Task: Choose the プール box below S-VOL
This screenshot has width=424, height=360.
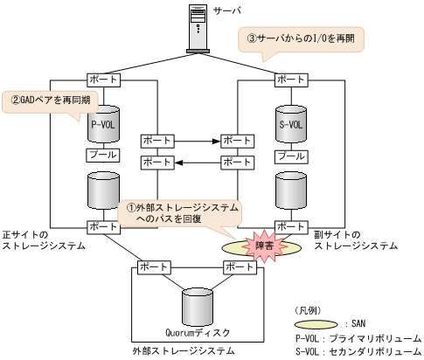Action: (291, 155)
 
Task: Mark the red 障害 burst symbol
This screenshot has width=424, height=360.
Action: (265, 247)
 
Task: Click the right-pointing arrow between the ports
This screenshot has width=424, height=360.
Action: (196, 139)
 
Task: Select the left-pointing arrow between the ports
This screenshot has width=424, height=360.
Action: (196, 163)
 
